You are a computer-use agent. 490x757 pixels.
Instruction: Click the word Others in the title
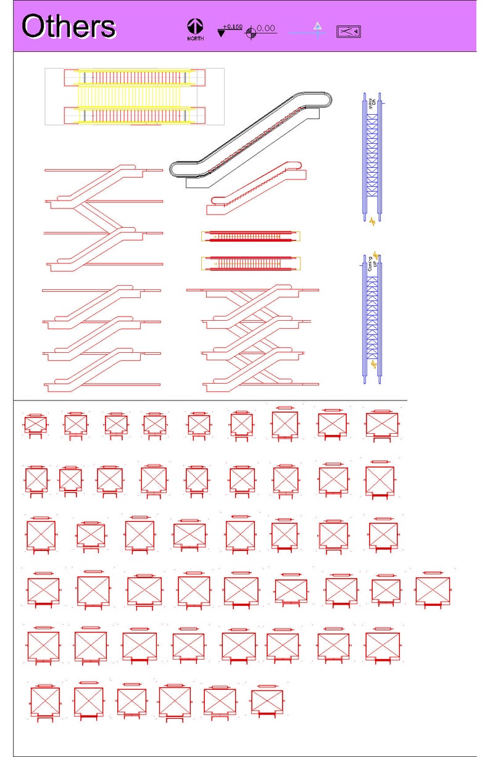point(69,27)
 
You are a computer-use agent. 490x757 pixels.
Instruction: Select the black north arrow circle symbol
point(196,27)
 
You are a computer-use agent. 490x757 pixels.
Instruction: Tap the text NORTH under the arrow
point(196,39)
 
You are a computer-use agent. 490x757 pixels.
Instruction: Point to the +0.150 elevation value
point(233,27)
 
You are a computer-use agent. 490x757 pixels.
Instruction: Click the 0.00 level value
point(266,28)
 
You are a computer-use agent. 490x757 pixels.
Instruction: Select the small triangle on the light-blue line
point(317,26)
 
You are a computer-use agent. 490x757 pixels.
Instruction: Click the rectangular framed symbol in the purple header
point(348,31)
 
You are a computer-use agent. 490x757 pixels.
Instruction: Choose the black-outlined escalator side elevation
point(251,139)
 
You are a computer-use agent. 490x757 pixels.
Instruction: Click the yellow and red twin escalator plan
point(135,96)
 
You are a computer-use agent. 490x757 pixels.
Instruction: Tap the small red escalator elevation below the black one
point(256,188)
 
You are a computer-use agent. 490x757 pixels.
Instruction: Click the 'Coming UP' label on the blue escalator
point(372,266)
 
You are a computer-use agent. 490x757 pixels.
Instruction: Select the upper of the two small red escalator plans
point(251,236)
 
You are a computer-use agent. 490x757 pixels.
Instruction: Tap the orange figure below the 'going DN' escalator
point(372,221)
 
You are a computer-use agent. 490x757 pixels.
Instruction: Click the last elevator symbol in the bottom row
point(267,701)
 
